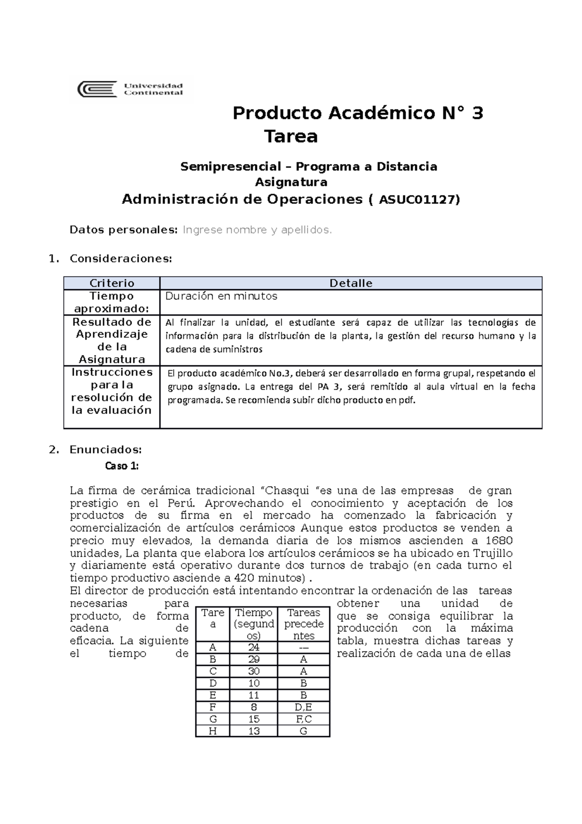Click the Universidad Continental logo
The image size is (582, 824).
pos(131,89)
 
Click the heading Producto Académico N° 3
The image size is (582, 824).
pos(357,113)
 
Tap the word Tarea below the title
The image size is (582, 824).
pos(291,136)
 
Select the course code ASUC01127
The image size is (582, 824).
pos(418,199)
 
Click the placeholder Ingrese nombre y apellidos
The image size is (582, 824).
pos(257,230)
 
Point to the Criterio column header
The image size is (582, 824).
pos(112,283)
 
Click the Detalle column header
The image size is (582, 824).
pos(351,283)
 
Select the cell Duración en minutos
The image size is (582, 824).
pos(221,296)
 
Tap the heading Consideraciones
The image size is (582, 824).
pos(121,259)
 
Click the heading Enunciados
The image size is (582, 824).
pos(105,449)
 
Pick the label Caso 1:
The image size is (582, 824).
pos(122,466)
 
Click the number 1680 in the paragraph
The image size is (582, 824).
pos(499,541)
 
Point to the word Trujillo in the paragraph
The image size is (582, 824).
pos(492,553)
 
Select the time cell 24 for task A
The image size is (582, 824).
pos(254,647)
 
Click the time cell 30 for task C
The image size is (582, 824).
pos(254,671)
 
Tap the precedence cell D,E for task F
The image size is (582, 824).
pos(304,707)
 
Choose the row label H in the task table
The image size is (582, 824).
pos(212,731)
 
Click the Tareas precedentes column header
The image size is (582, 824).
pos(304,624)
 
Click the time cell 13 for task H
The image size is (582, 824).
pos(254,731)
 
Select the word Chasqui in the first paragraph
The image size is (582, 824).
pos(288,491)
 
